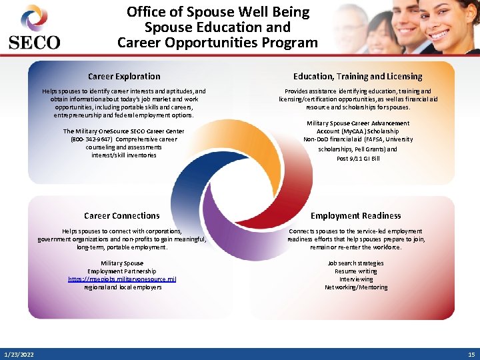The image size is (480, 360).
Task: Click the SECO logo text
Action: [x=34, y=43]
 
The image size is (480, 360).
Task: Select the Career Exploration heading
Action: [x=124, y=77]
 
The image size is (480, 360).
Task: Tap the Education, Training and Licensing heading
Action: [x=358, y=77]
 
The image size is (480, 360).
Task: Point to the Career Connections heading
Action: [x=122, y=215]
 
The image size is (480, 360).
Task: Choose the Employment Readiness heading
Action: [x=355, y=215]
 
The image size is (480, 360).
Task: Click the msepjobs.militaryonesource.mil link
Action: [x=123, y=279]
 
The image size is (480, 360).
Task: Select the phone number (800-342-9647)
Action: [x=92, y=139]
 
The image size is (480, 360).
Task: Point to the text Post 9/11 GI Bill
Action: [x=358, y=158]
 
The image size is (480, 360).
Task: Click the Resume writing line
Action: [x=355, y=271]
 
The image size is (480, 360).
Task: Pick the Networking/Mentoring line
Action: [x=355, y=287]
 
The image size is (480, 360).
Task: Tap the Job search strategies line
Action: [x=355, y=263]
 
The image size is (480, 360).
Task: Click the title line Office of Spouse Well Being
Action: [x=218, y=12]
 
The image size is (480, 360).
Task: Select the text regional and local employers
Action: [x=123, y=287]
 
